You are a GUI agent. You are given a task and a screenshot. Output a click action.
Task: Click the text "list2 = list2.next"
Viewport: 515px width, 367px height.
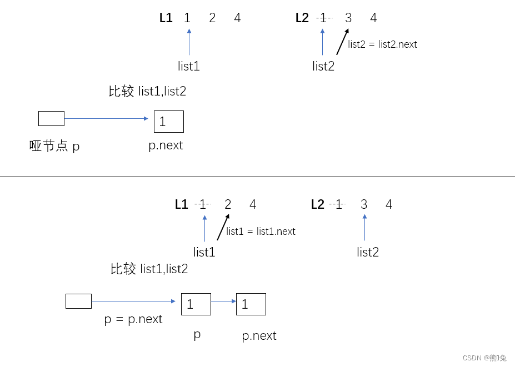click(x=382, y=44)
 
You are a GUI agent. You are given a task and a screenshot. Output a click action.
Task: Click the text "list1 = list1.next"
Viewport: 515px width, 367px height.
click(x=261, y=232)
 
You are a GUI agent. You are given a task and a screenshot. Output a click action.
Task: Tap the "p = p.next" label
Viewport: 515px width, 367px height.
click(x=133, y=319)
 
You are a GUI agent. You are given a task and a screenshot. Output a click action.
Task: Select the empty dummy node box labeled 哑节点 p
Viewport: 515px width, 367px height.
click(x=51, y=118)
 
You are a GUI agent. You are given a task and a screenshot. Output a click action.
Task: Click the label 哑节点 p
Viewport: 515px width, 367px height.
click(x=54, y=146)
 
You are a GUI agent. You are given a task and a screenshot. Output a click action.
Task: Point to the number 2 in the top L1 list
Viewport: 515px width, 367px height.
click(x=212, y=18)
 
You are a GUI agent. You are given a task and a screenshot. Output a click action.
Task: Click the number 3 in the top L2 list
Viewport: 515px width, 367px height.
click(x=348, y=18)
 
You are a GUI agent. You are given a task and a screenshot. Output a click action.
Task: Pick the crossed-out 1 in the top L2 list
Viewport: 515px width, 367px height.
click(x=323, y=18)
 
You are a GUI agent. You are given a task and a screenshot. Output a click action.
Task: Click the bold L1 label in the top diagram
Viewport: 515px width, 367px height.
click(x=166, y=18)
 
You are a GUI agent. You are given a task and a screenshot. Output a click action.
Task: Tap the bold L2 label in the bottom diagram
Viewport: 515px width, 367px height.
click(x=317, y=204)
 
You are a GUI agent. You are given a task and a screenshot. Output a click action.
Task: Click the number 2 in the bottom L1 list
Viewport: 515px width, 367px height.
click(x=228, y=204)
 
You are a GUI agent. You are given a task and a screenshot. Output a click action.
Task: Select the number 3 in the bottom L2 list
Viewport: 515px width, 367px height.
click(x=364, y=204)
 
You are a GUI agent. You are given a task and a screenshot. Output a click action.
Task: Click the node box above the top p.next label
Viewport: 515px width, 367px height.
click(x=168, y=122)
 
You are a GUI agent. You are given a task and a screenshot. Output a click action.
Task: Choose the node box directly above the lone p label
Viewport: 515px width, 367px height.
click(x=196, y=304)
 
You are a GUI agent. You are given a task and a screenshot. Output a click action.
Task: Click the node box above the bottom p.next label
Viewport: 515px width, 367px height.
click(x=251, y=304)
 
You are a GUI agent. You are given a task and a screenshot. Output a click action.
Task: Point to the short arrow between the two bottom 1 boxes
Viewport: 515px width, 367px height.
click(x=223, y=301)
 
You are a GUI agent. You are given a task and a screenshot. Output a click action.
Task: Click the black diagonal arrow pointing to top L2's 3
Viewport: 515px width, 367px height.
click(x=342, y=42)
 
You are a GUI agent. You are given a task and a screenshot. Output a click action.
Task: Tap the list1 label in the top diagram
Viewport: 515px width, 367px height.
click(x=189, y=67)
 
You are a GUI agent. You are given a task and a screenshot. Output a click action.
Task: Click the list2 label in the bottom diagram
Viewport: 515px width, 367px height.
click(x=368, y=253)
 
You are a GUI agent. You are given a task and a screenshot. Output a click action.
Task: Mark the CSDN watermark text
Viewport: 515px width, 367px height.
click(x=484, y=358)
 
